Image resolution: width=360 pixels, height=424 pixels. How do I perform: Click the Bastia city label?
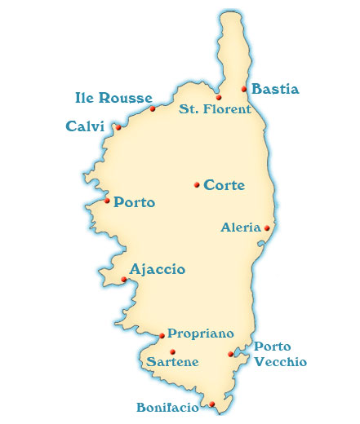click(x=275, y=90)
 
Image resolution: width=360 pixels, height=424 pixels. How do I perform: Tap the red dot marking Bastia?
click(x=244, y=88)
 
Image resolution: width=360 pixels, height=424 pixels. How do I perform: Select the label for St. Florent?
click(x=215, y=109)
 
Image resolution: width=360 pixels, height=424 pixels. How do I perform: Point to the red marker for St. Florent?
click(x=219, y=97)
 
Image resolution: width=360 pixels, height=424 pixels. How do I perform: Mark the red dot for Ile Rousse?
click(x=153, y=108)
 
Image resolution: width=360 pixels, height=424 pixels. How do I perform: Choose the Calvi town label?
click(x=86, y=126)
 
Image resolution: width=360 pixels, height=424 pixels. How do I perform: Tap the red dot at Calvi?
click(x=118, y=127)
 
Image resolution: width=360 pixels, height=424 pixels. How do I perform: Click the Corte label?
click(x=224, y=185)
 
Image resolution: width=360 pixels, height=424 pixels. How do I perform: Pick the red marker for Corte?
click(x=197, y=185)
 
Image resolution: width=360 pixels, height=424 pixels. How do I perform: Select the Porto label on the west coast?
click(x=135, y=202)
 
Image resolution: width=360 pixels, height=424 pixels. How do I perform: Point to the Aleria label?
click(x=241, y=227)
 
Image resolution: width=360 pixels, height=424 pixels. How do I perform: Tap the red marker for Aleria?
click(x=267, y=227)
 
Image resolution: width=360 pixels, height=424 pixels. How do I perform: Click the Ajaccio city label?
click(x=157, y=269)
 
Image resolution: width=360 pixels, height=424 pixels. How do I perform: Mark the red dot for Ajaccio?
click(x=123, y=280)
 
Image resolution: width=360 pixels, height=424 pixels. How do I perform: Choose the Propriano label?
click(x=201, y=334)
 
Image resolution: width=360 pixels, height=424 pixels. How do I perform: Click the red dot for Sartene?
click(x=172, y=351)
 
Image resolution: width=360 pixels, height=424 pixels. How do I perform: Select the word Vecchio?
click(x=280, y=361)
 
